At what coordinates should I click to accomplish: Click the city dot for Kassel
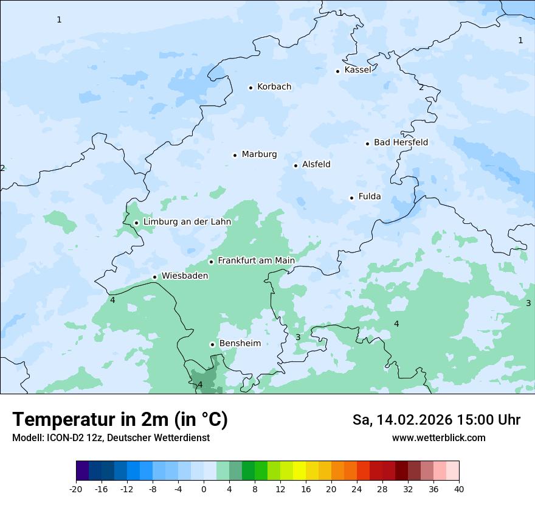338,71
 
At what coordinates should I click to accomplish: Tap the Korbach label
274,87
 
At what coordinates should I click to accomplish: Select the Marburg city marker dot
235,155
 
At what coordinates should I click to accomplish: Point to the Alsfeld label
316,164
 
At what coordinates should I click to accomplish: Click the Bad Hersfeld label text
401,142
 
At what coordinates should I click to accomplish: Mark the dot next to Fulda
351,198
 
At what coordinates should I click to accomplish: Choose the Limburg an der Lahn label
187,222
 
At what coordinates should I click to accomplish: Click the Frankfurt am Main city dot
212,262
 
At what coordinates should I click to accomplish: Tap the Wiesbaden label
185,276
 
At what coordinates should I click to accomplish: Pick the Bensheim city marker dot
213,344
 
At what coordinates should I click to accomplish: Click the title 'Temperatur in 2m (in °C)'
120,420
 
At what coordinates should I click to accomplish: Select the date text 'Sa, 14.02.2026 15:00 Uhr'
436,420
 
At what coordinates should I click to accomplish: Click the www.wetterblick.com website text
438,438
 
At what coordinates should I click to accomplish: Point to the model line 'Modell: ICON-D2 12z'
111,438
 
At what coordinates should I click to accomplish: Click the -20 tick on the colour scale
76,489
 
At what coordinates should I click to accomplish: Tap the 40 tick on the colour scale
459,489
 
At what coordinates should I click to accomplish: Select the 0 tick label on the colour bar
204,489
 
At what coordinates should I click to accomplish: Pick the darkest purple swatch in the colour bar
83,471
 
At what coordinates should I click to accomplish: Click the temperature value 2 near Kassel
421,88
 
